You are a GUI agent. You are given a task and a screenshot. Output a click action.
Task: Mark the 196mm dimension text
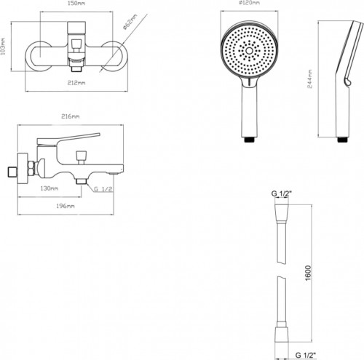point(65,207)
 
